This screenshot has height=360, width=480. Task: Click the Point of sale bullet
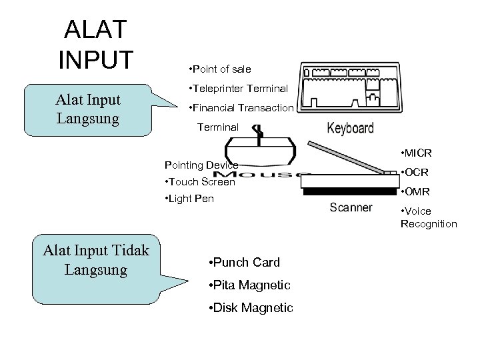coord(220,69)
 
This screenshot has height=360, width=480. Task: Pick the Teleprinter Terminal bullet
coord(238,89)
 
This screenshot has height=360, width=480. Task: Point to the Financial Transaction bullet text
coord(241,108)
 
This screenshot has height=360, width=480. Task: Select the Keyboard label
coord(349,128)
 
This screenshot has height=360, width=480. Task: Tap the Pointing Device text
coord(201,165)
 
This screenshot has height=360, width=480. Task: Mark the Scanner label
coord(351,207)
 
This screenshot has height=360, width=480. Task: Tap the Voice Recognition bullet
coord(429,218)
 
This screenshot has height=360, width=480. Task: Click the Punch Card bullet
coord(244,263)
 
